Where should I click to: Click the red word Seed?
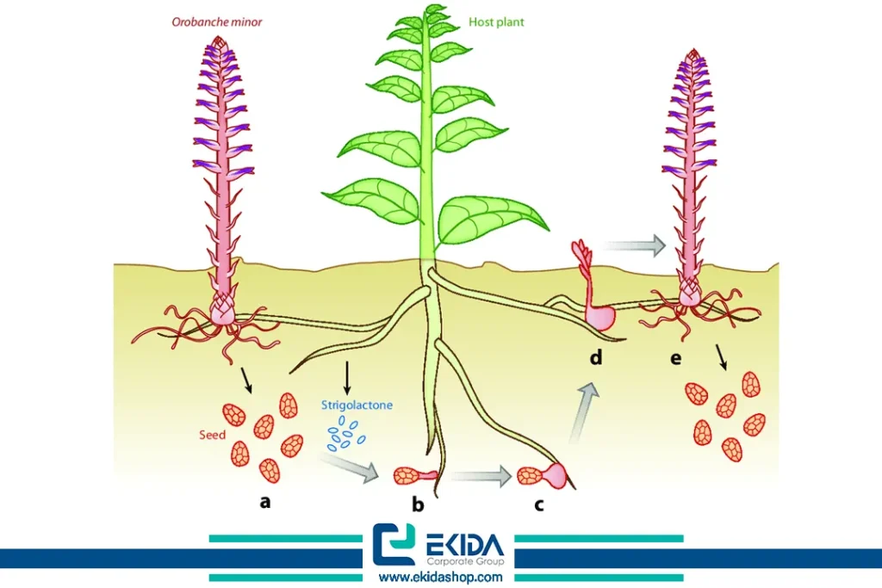212,435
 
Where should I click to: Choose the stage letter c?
539,504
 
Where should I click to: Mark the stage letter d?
596,357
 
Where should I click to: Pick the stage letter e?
675,357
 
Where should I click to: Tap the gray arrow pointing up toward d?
582,412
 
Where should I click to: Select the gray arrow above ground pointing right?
635,246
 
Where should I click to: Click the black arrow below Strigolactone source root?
346,377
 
